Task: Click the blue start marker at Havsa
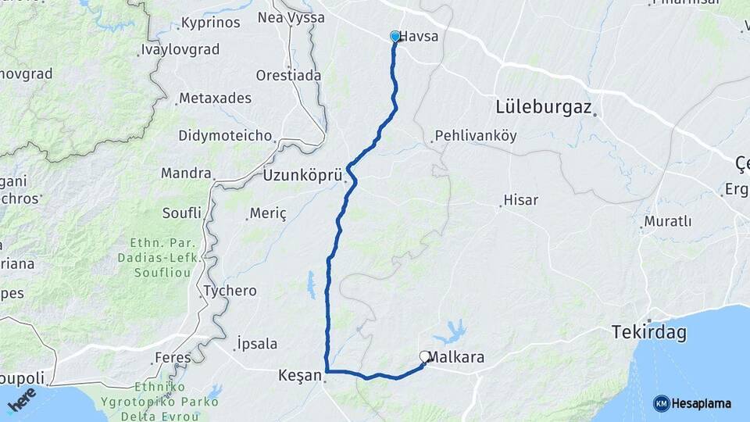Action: click(395, 37)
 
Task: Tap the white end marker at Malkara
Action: click(425, 356)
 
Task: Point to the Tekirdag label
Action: click(649, 334)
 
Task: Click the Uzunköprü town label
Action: click(302, 175)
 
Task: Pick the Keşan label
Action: click(300, 376)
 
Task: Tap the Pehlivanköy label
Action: click(476, 135)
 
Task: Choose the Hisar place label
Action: click(521, 200)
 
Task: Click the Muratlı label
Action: click(666, 221)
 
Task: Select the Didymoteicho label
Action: click(226, 135)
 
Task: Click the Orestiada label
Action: click(288, 76)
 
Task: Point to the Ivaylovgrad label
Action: click(180, 49)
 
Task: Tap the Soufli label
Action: click(182, 213)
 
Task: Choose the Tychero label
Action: click(230, 291)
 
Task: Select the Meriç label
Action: click(268, 213)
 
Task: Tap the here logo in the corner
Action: click(21, 399)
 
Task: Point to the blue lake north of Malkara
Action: click(450, 333)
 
